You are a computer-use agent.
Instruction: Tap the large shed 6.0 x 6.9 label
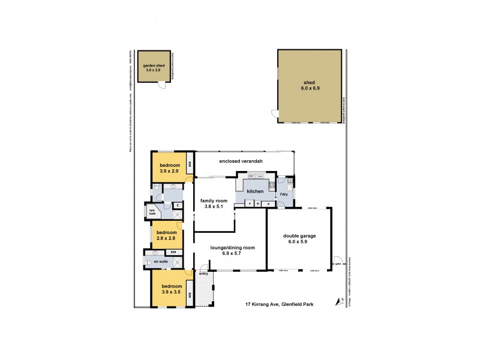(x=310, y=85)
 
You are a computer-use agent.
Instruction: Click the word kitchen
(x=255, y=191)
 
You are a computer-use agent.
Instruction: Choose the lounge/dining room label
(x=232, y=250)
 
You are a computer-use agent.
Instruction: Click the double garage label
(x=299, y=239)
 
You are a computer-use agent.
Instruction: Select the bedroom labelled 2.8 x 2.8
(x=166, y=235)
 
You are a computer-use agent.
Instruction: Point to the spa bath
(x=152, y=212)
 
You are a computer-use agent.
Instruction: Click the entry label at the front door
(x=203, y=274)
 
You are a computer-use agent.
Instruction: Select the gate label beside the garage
(x=338, y=263)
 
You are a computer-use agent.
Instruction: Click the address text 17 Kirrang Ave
(x=287, y=304)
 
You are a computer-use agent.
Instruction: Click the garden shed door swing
(x=161, y=86)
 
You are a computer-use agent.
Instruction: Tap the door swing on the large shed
(x=274, y=113)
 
